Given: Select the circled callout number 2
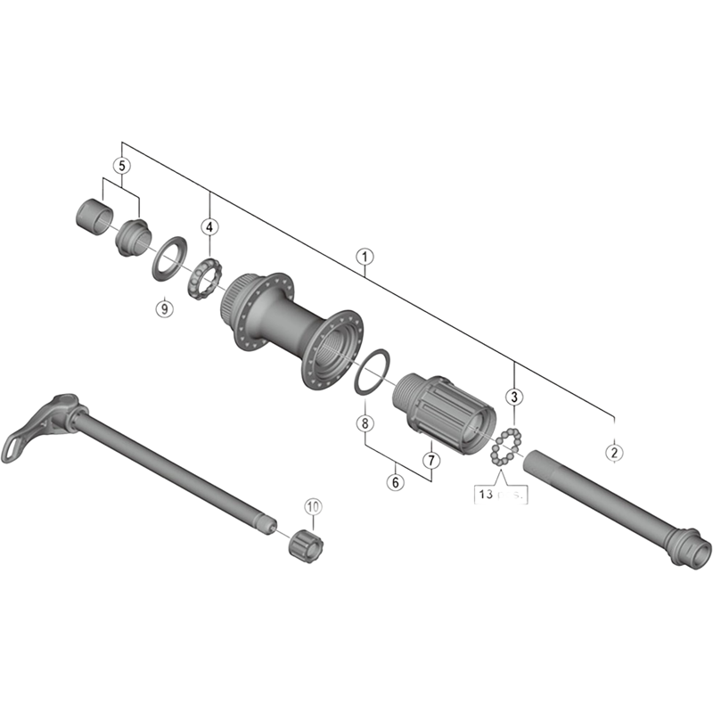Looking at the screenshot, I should tap(613, 452).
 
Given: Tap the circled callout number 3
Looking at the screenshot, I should tap(514, 397).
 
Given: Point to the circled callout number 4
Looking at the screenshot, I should tap(209, 227).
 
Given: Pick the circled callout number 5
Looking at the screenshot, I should tap(122, 165).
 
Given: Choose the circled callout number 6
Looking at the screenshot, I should tap(396, 481).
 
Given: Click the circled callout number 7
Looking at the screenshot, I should tap(430, 460).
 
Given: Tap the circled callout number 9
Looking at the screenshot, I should tap(162, 308).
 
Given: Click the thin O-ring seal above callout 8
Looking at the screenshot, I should tap(368, 372).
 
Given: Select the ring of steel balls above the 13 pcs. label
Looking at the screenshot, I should tap(504, 447).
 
